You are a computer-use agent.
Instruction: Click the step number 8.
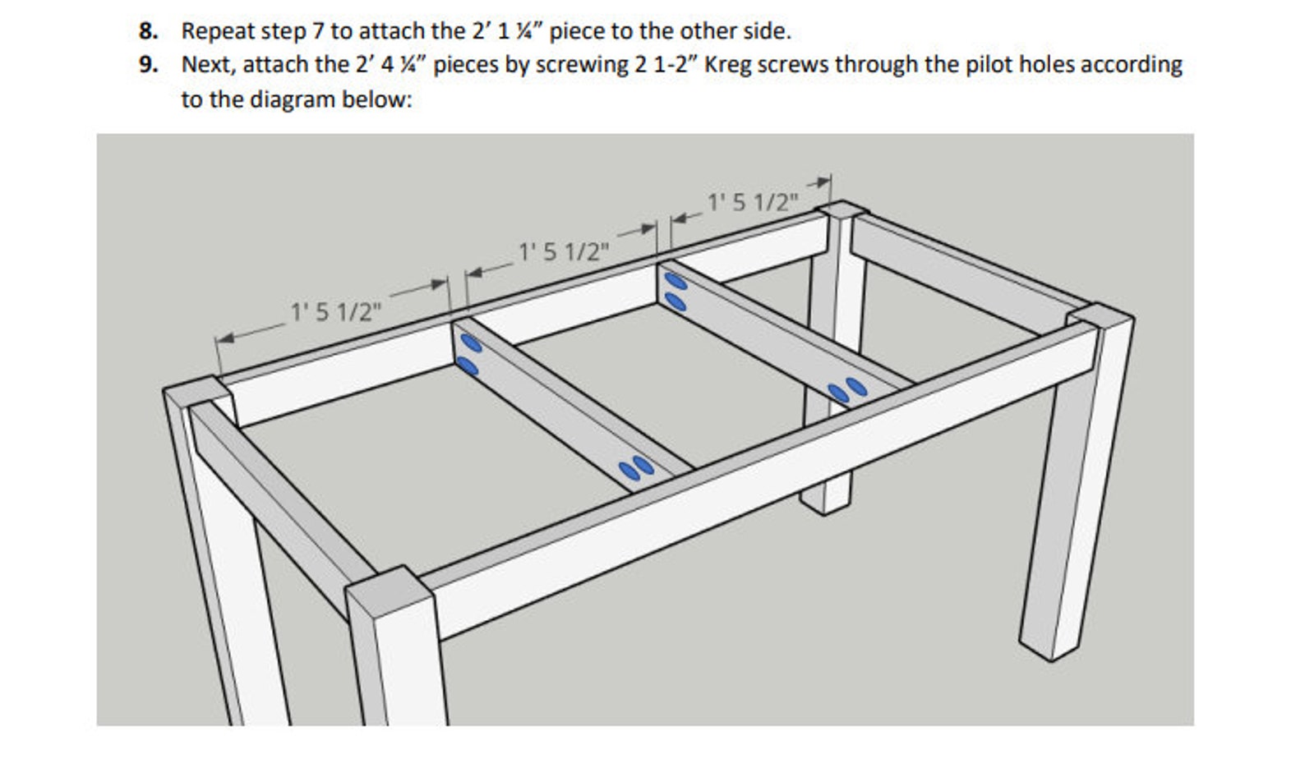[x=148, y=31]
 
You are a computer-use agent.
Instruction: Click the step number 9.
[x=148, y=65]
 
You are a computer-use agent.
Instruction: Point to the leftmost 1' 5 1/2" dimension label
[x=336, y=312]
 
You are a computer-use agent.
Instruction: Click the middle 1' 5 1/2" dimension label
[x=565, y=251]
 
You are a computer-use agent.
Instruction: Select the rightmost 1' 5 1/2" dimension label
[x=753, y=201]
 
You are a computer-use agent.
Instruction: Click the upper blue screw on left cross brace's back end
[x=470, y=343]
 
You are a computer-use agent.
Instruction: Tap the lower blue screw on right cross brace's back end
[x=676, y=302]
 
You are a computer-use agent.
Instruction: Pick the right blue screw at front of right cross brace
[x=856, y=386]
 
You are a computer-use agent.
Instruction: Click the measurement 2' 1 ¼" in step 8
[x=506, y=31]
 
